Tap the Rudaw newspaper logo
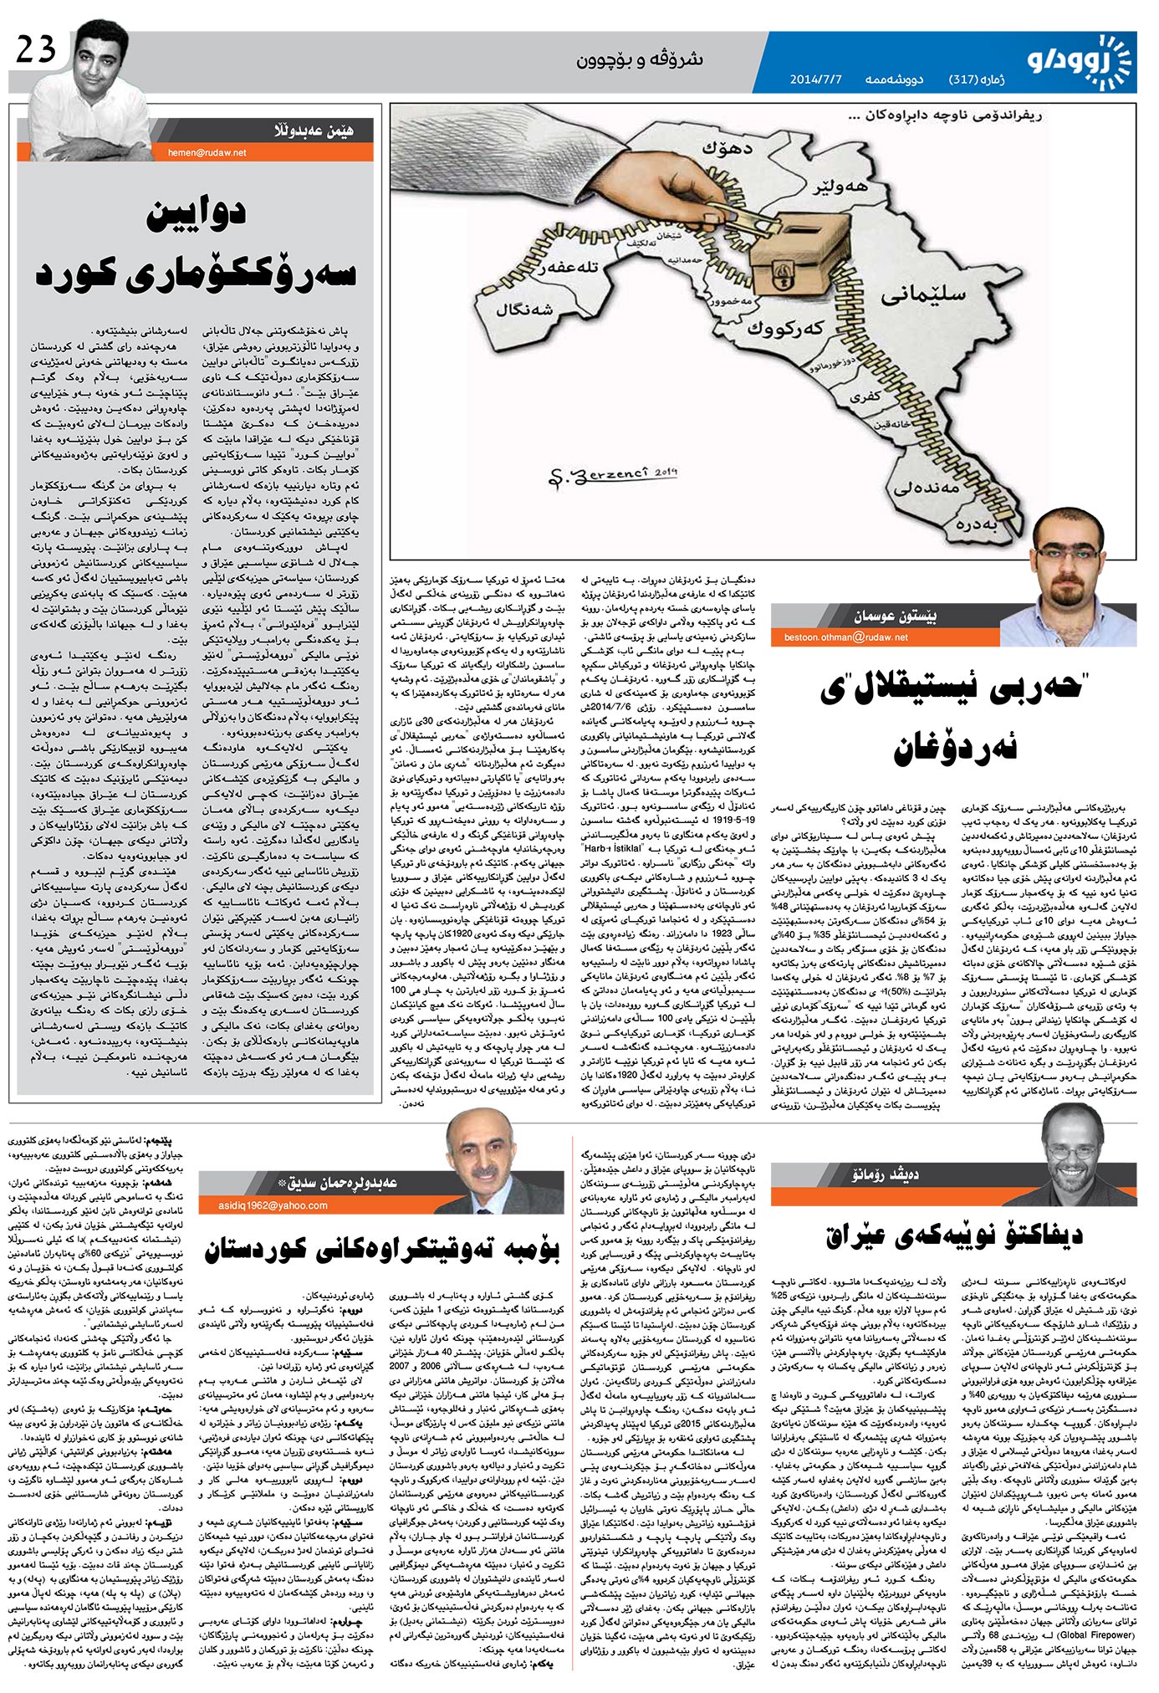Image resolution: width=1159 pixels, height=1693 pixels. coord(1079,60)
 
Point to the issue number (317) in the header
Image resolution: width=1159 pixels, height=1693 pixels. coord(964,80)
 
